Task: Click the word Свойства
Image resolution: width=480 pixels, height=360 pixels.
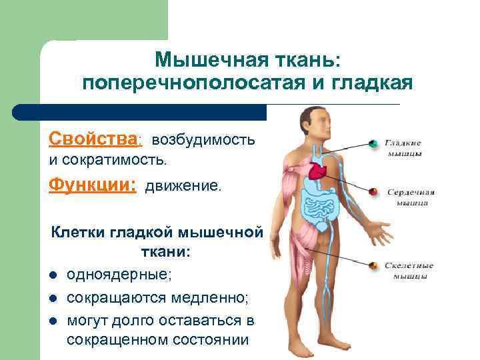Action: [x=94, y=139]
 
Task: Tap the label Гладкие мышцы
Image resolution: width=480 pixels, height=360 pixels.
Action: [x=405, y=147]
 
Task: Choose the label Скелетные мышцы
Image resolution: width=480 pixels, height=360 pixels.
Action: [x=409, y=270]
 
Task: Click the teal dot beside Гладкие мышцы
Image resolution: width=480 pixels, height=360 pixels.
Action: [x=374, y=143]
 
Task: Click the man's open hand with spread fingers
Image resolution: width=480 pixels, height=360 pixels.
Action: [x=381, y=233]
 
